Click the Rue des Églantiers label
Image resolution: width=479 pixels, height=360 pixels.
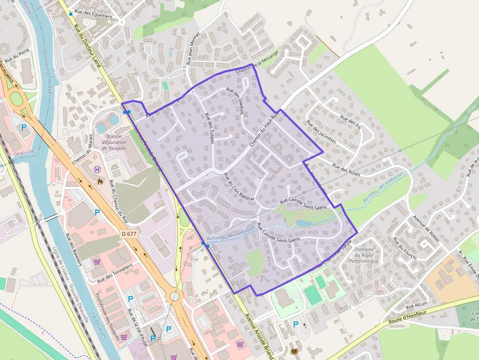click(93, 16)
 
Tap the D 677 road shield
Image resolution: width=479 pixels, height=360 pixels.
click(129, 234)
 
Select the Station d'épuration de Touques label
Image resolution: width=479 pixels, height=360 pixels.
click(113, 142)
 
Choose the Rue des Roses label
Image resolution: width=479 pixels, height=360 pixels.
click(346, 169)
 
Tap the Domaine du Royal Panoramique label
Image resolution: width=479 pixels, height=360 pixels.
click(364, 255)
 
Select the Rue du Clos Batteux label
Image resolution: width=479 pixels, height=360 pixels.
click(239, 187)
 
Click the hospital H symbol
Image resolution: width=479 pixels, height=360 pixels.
click(97, 169)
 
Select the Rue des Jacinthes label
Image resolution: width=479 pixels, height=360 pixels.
click(321, 131)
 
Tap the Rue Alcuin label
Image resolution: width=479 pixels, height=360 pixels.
click(416, 304)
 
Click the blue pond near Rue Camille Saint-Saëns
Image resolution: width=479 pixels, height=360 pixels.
click(308, 223)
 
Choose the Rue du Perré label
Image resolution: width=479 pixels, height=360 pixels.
click(18, 57)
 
